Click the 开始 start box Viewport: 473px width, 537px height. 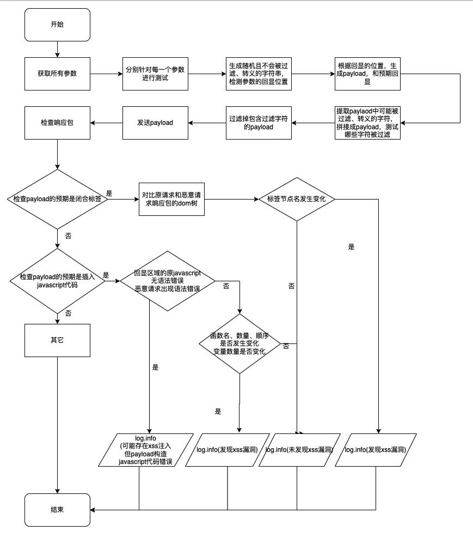point(57,25)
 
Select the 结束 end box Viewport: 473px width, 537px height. point(57,510)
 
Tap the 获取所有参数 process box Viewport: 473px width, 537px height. point(57,74)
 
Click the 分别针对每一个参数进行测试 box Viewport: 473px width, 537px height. point(155,74)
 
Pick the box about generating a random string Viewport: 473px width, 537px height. point(259,74)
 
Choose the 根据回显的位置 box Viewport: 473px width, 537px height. point(367,74)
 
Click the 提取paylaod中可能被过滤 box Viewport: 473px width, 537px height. point(367,123)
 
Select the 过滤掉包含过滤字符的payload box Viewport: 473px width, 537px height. point(259,123)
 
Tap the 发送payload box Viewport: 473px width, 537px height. point(155,123)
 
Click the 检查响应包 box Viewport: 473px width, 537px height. point(57,123)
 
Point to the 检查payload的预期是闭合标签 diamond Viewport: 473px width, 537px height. point(57,199)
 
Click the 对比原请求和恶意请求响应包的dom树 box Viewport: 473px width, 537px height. point(171,199)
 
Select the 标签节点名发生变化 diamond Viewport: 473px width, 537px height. point(297,199)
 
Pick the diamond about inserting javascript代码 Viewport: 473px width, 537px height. point(57,281)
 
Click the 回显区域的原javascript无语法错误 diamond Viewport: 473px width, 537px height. point(167,281)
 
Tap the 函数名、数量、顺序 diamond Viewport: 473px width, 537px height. point(239,343)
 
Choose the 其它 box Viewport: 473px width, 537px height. point(57,340)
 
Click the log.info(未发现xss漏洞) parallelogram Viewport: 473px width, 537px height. point(299,450)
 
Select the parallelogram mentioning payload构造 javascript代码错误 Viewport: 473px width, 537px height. point(146,450)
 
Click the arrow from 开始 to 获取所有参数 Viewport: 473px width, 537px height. point(57,49)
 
